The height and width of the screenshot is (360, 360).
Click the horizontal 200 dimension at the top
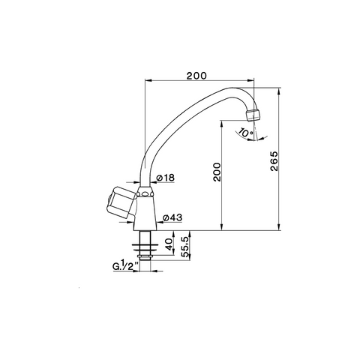[196, 76]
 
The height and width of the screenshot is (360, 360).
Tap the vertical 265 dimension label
[274, 161]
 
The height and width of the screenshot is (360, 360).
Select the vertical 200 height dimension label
[217, 172]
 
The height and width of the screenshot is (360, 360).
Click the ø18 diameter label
[165, 178]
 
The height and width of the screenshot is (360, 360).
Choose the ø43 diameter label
[172, 217]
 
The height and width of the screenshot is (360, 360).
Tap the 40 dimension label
[169, 244]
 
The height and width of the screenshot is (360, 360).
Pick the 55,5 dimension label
[185, 247]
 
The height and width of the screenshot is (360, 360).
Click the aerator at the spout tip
[253, 115]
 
